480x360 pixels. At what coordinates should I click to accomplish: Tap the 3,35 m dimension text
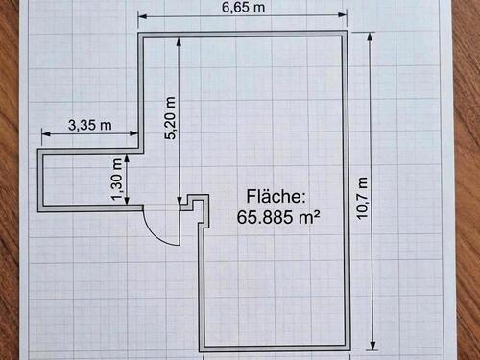89,124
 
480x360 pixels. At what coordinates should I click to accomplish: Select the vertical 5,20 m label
171,119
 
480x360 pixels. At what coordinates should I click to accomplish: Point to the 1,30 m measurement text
117,180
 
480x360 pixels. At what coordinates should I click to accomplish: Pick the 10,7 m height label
362,199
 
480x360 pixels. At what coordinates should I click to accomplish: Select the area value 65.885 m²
277,216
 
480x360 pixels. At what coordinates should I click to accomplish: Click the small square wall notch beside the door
197,204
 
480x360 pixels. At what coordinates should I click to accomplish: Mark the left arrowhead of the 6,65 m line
141,16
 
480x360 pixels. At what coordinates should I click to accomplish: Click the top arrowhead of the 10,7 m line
371,35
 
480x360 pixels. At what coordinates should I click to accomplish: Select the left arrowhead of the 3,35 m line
41,133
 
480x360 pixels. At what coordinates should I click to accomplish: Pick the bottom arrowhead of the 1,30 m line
128,204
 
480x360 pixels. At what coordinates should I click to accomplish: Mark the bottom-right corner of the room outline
349,348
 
